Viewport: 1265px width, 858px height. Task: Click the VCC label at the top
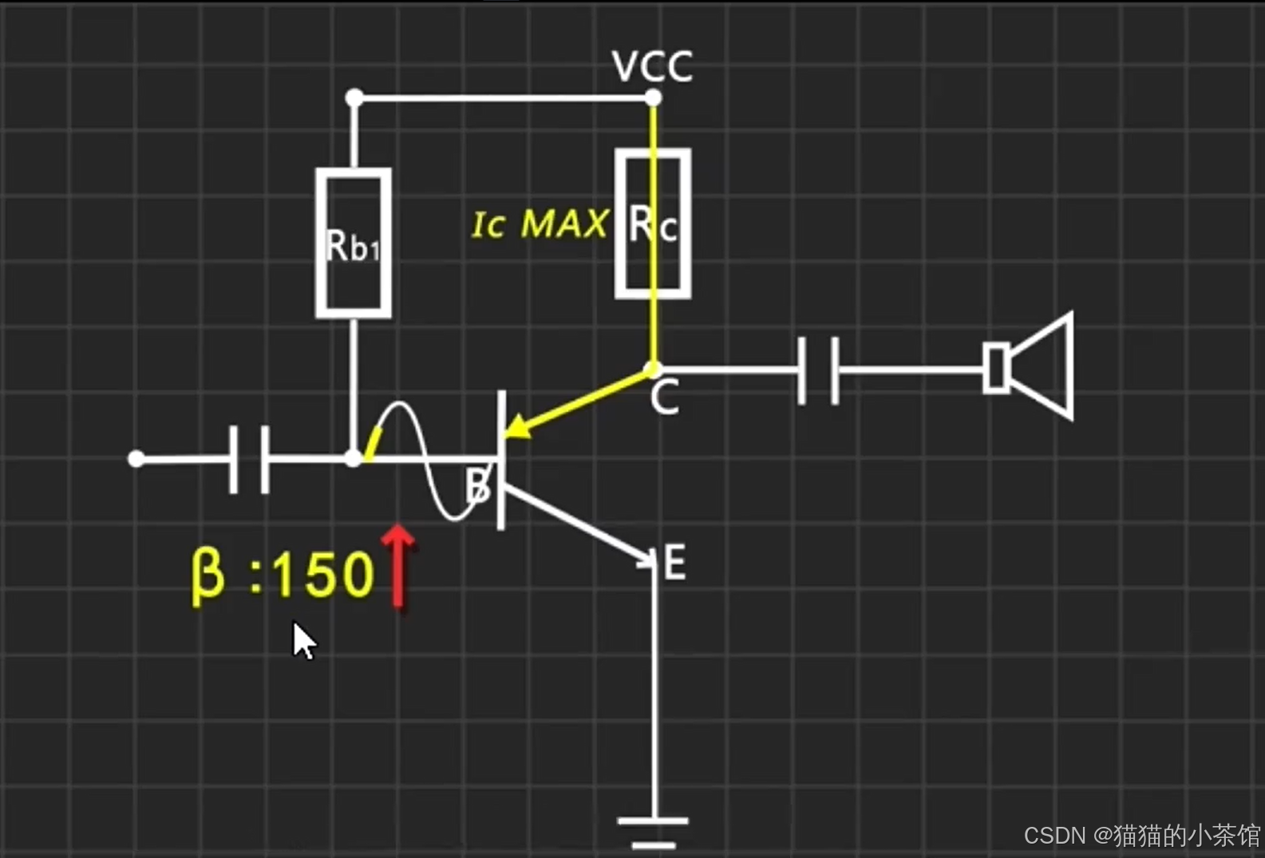tap(652, 67)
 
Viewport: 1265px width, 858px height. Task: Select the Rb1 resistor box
tap(353, 243)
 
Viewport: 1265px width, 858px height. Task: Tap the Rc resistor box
tap(653, 223)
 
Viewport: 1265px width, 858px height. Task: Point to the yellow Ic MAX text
tap(540, 224)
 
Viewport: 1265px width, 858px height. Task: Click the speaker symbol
tap(1029, 366)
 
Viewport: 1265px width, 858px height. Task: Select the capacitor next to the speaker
tap(819, 370)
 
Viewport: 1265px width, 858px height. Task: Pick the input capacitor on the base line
tap(249, 460)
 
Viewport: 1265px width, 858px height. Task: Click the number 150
tap(322, 575)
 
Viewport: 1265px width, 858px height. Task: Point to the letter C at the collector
tap(664, 397)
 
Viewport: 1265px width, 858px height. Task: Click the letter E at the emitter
tap(674, 563)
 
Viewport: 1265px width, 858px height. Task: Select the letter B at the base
tap(477, 484)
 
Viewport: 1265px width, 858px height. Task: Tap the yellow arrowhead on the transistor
tap(516, 427)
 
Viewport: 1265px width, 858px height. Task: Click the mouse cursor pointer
tap(303, 641)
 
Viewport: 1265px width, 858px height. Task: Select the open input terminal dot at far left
tap(136, 459)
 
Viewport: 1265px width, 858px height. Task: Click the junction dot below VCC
tap(653, 98)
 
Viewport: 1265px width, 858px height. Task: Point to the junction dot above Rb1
tap(354, 98)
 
